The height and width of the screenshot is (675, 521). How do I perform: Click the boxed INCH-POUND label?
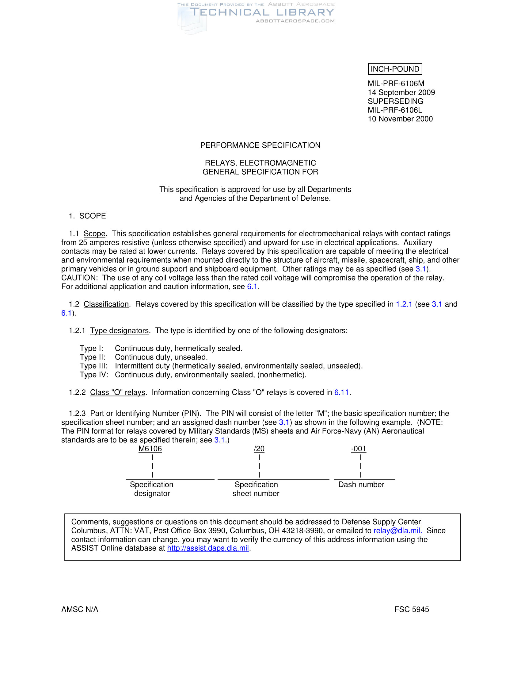395,69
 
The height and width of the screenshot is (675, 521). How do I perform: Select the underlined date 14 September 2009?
401,92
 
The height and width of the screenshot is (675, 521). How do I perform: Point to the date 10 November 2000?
400,119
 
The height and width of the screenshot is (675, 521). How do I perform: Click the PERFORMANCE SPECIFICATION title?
260,145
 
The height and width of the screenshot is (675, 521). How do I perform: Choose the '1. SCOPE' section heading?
87,216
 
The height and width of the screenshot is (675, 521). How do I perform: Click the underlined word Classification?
106,304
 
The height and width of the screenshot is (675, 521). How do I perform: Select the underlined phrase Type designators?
119,330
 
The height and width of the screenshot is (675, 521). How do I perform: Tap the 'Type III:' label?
93,366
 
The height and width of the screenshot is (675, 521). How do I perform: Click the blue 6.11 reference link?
341,392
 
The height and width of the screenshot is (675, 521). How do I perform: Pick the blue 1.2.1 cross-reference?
404,304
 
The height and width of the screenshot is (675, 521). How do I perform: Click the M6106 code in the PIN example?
150,449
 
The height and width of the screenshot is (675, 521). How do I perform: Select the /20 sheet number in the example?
259,449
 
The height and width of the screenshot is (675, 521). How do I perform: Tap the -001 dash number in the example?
359,449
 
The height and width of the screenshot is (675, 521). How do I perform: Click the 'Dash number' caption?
361,484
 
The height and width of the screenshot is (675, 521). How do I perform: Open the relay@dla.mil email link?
397,531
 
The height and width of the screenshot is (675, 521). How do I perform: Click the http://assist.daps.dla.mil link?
208,548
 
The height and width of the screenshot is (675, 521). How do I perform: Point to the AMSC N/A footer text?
80,609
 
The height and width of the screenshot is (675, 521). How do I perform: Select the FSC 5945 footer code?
411,609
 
